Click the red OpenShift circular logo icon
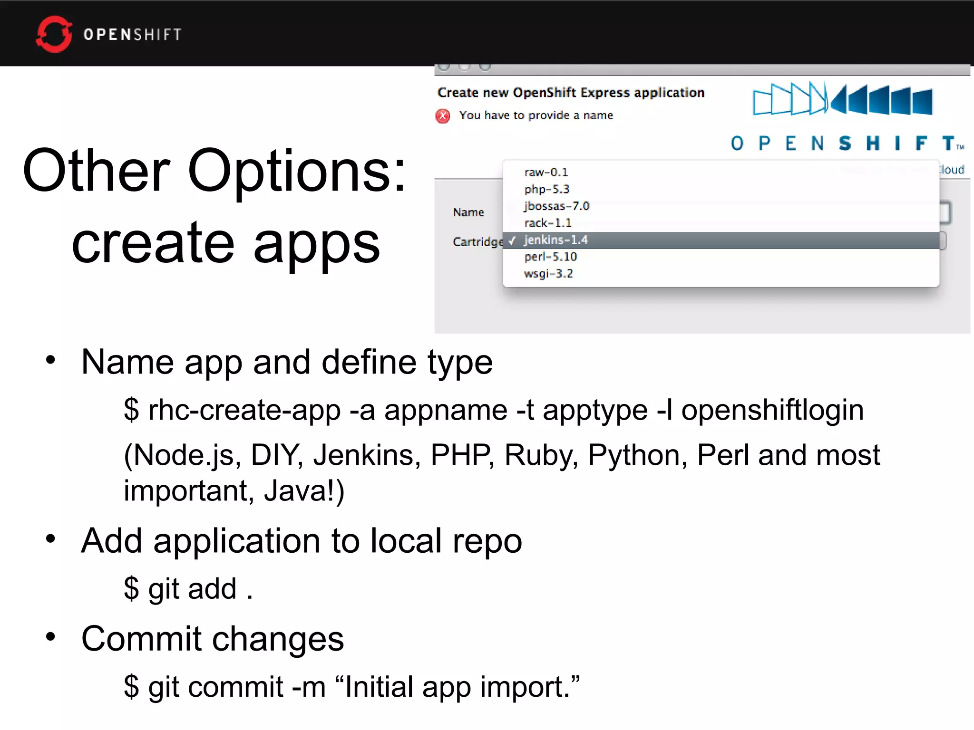[x=54, y=34]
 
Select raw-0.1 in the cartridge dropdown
[x=546, y=172]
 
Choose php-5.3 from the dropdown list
[x=546, y=189]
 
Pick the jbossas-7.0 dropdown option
[x=556, y=206]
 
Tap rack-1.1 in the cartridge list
[x=547, y=223]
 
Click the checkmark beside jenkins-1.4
[x=512, y=240]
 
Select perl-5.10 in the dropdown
[x=550, y=257]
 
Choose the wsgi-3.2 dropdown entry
[x=548, y=274]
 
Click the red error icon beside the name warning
[x=443, y=116]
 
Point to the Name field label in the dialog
[x=468, y=212]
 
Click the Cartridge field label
[x=477, y=242]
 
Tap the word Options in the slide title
[x=297, y=171]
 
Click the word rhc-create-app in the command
[x=244, y=410]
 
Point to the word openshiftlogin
[x=772, y=410]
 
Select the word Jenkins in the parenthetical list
[x=367, y=455]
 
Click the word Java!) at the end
[x=304, y=490]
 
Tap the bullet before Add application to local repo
[x=50, y=539]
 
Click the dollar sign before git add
[x=131, y=588]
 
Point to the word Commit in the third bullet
[x=141, y=638]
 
